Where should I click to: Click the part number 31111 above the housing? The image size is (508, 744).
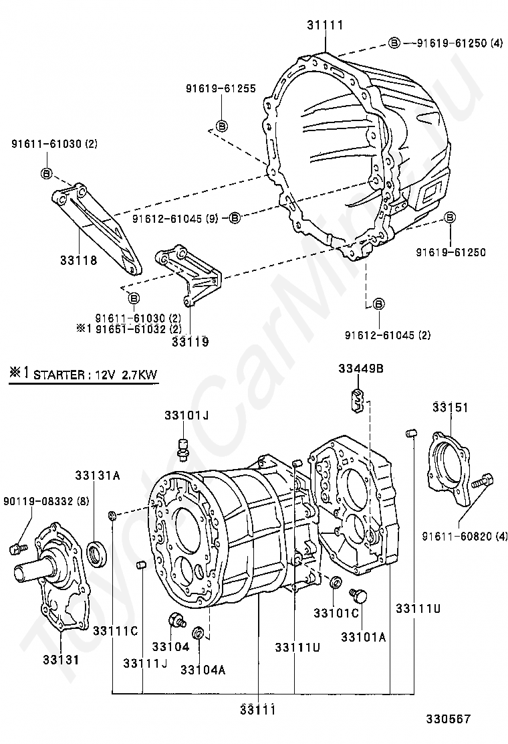tap(325, 25)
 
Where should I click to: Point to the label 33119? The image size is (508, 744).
tap(190, 341)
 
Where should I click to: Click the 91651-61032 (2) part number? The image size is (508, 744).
tap(138, 329)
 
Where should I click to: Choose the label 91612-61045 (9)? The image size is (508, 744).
tap(175, 218)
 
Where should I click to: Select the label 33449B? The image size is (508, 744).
tap(360, 369)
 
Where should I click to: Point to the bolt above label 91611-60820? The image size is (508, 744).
tap(483, 481)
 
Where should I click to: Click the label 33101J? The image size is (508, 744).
tap(186, 415)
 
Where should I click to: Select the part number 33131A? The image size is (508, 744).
tap(97, 476)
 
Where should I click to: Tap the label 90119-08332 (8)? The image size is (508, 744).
tap(45, 500)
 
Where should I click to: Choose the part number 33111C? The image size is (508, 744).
tap(115, 630)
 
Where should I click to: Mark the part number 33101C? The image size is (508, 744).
tap(337, 612)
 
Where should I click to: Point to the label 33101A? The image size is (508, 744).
tap(363, 637)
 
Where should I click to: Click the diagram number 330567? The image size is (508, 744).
tap(449, 719)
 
